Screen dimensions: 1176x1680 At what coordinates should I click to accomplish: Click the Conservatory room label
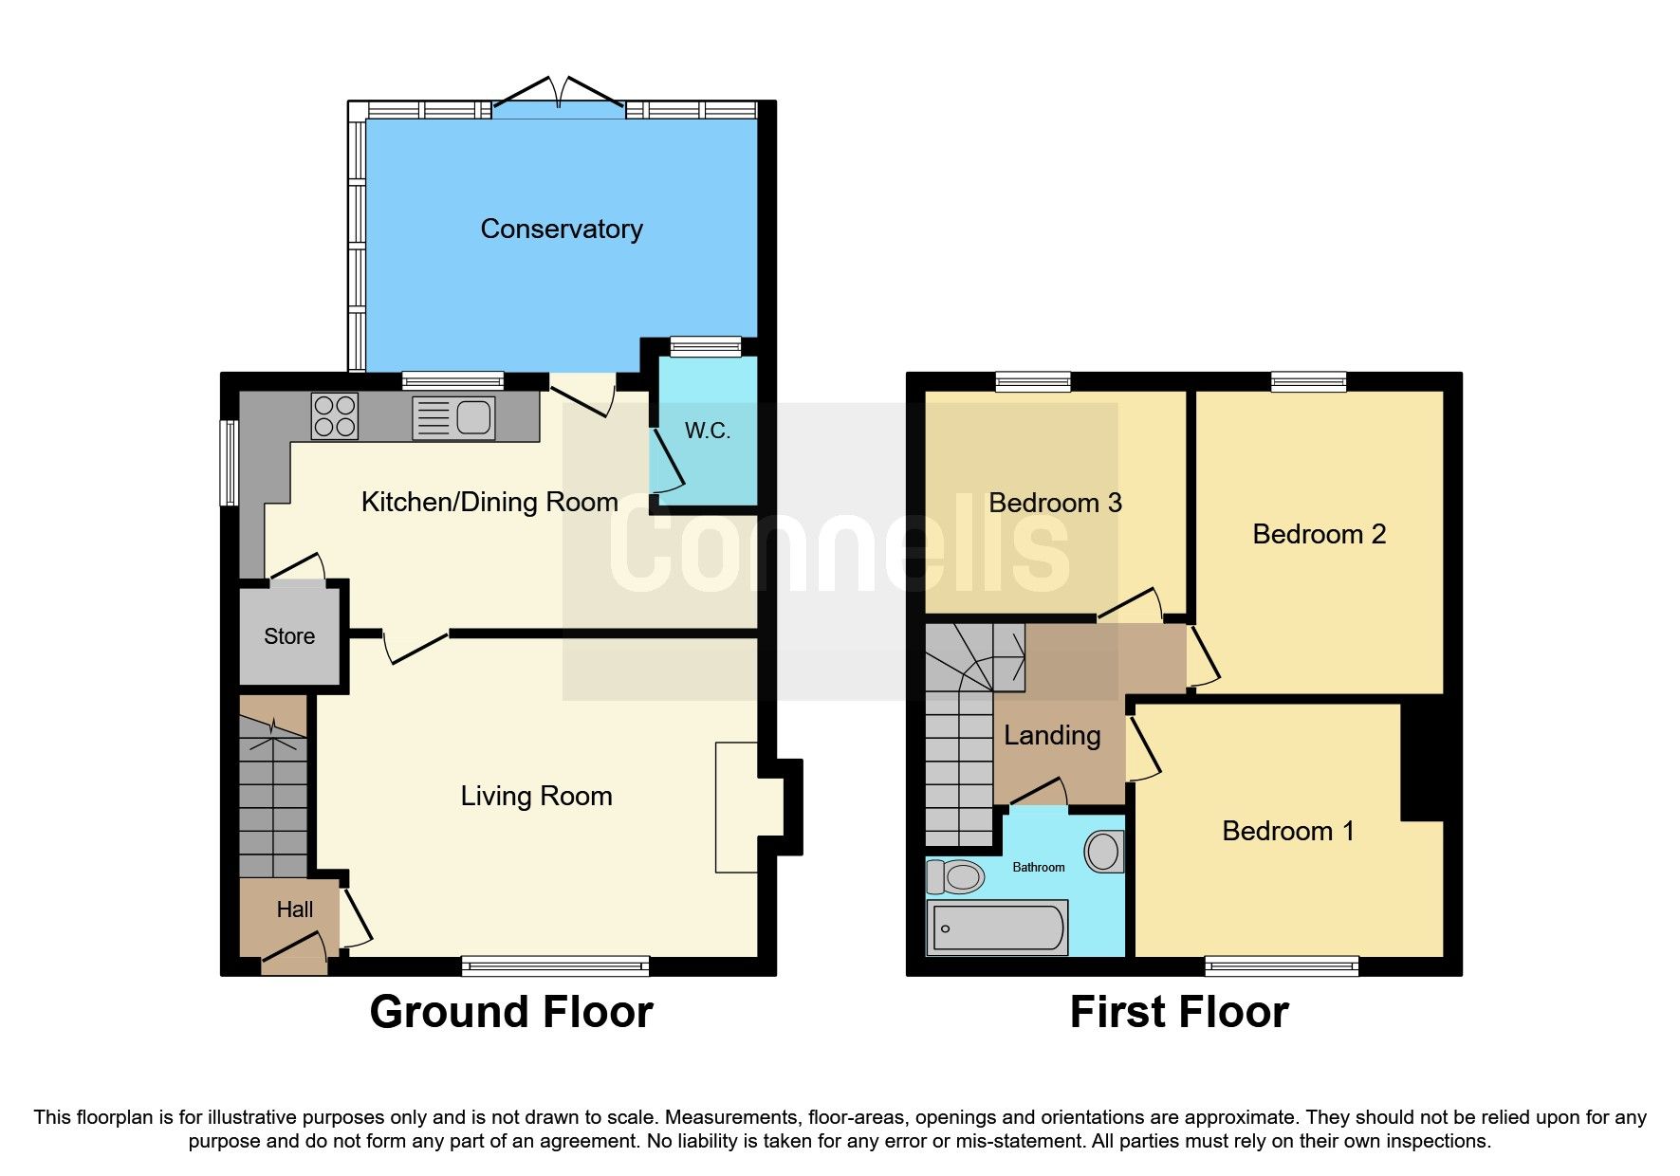562,229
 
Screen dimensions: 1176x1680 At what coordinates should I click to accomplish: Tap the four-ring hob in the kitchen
334,416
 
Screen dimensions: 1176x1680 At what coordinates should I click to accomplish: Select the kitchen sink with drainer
454,417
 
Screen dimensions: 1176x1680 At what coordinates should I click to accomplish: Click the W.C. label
708,431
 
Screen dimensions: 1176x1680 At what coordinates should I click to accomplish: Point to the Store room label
289,636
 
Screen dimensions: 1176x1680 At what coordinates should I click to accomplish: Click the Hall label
294,910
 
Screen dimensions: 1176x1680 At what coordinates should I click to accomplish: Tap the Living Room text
536,796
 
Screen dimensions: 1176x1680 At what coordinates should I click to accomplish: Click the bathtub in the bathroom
998,928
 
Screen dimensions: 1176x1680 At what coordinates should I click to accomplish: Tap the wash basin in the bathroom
1103,851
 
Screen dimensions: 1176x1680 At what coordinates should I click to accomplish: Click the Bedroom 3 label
1055,503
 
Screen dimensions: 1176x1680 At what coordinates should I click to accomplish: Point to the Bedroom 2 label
1319,534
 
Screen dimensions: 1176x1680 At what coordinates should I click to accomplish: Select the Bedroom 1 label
1287,831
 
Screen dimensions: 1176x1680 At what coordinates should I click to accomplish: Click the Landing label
1052,735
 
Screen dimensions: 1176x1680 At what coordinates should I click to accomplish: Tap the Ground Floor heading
510,1012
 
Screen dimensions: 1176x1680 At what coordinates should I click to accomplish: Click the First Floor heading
1178,1012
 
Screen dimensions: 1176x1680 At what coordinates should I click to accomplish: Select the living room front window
555,965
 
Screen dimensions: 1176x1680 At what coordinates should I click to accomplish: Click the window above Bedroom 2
1308,381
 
